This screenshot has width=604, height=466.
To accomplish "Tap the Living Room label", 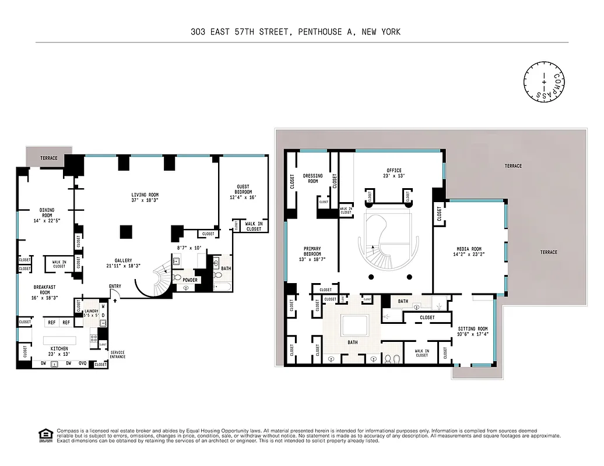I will tap(145, 195).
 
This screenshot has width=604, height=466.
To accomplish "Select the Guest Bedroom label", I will tap(244, 189).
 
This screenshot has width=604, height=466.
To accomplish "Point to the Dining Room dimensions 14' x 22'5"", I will tap(46, 221).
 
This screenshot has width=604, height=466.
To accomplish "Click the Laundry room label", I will tap(92, 311).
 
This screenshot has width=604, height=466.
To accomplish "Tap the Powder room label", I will tap(190, 280).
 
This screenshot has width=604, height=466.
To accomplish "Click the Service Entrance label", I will tap(117, 355).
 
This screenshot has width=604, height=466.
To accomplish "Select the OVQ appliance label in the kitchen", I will tap(83, 363).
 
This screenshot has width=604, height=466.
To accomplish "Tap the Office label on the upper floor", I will tap(394, 170).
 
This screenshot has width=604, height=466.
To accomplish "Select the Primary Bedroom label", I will tap(312, 252).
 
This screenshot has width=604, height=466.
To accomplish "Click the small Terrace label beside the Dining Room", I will tap(49, 158).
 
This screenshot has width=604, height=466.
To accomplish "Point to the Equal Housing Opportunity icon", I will tap(44, 435).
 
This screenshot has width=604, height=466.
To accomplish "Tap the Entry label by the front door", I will tap(115, 286).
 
